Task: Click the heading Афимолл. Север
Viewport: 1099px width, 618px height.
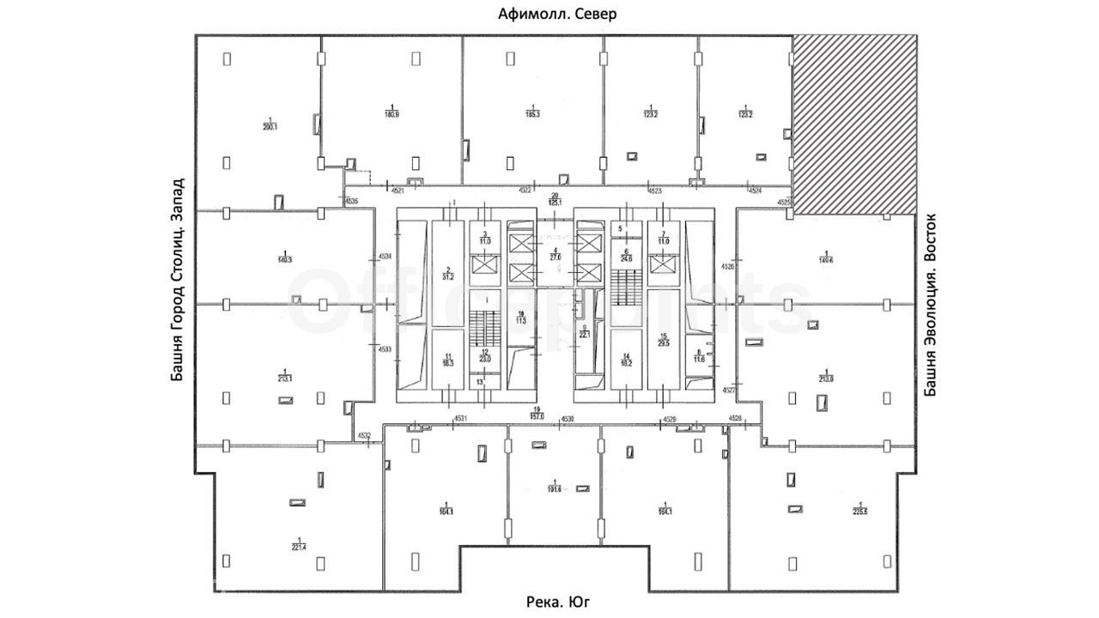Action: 558,14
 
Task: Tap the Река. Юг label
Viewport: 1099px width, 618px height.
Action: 558,603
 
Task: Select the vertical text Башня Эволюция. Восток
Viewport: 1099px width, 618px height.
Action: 929,305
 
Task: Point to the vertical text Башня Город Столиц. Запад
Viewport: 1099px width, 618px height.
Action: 178,280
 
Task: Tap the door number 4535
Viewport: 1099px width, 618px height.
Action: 350,202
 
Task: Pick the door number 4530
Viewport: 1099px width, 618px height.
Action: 567,419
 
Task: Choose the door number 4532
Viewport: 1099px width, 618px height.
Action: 364,436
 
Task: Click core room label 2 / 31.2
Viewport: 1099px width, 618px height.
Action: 446,273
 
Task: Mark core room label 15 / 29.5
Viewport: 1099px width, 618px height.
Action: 663,339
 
